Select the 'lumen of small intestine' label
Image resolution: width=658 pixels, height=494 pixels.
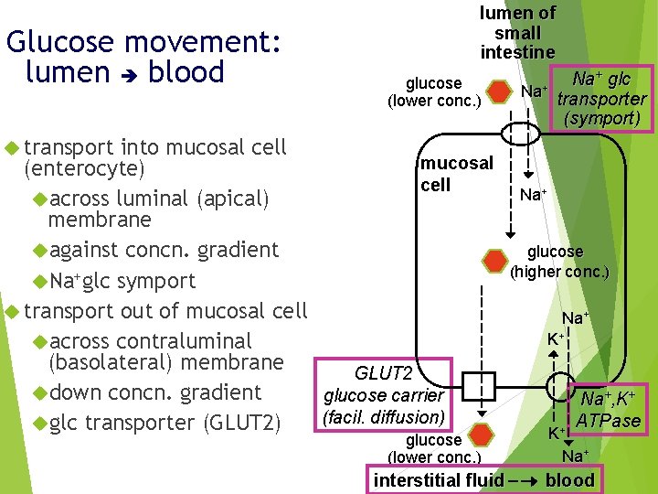coord(517,33)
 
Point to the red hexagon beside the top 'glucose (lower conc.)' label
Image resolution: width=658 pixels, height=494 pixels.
coord(498,92)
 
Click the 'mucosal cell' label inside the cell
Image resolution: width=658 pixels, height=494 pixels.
coord(456,174)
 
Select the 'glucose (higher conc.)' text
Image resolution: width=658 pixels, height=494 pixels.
coord(559,262)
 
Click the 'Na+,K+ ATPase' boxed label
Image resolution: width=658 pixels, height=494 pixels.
coord(608,408)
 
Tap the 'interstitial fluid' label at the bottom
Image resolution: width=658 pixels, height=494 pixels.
coord(439,480)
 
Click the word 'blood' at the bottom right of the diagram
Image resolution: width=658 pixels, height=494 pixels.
coord(569,480)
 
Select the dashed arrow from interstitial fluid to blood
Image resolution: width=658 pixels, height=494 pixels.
coord(524,480)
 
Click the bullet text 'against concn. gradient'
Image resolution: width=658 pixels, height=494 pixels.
coord(164,250)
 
